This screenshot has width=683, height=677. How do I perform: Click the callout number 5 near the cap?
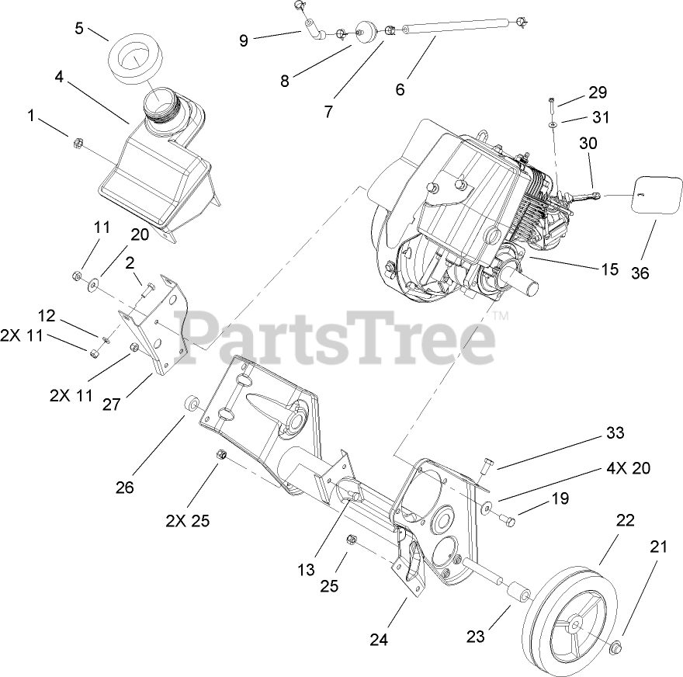(78, 28)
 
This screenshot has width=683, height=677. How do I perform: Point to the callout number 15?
(609, 269)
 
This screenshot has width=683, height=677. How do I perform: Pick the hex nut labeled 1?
(77, 143)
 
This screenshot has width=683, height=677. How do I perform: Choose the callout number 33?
(615, 432)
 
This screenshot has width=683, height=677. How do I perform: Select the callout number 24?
(378, 640)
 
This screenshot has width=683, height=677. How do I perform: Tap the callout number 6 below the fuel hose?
(400, 89)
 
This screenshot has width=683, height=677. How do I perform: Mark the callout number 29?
(596, 92)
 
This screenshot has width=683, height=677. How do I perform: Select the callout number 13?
(306, 570)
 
